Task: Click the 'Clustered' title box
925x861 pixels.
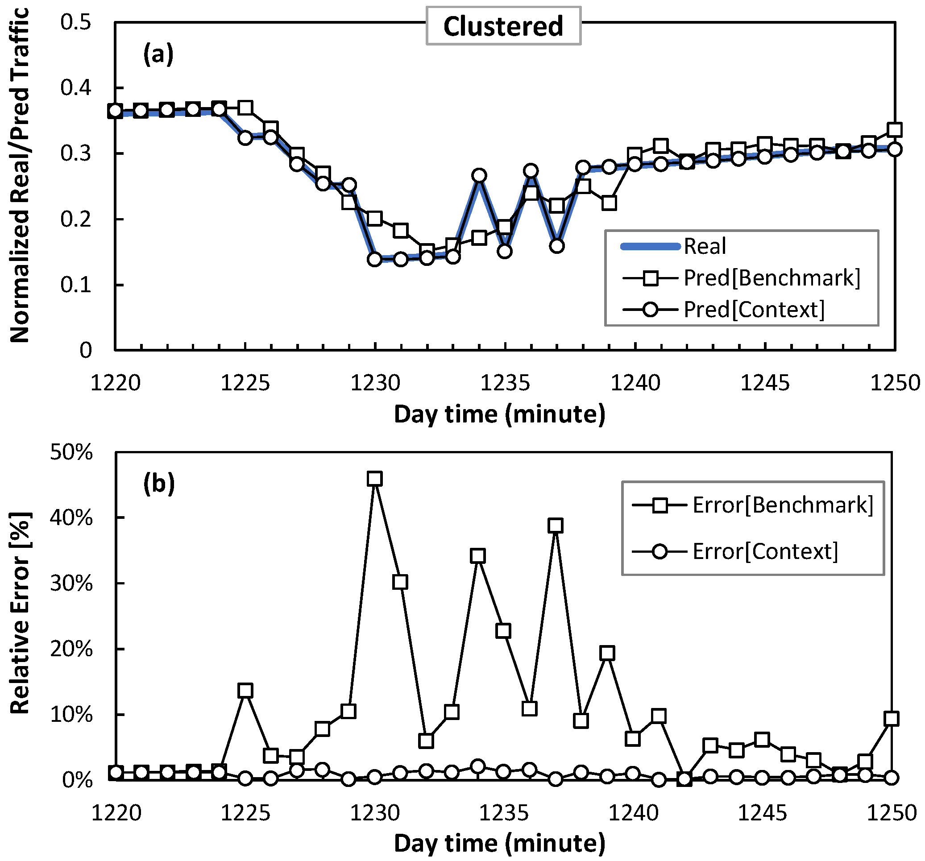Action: point(503,26)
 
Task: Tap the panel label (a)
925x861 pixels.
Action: point(158,54)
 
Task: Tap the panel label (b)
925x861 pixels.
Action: point(159,483)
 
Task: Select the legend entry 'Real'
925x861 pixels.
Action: point(704,246)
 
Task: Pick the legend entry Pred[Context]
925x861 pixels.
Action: point(754,309)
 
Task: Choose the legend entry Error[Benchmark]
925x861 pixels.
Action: point(783,505)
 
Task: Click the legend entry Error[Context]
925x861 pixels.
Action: point(765,552)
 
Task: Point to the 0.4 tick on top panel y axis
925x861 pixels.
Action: point(75,87)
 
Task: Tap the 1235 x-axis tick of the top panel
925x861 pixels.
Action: point(505,383)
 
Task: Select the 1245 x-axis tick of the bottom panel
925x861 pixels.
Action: point(762,813)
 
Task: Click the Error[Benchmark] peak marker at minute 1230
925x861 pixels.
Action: point(374,479)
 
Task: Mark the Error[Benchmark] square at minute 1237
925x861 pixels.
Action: point(555,526)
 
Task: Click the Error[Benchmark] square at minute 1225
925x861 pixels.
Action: point(245,691)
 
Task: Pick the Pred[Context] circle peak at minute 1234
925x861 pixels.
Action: point(479,175)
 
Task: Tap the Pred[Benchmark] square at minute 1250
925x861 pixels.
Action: point(894,130)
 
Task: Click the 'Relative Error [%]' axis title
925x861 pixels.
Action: point(20,614)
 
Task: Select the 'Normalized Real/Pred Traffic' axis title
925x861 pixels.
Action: point(20,176)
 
